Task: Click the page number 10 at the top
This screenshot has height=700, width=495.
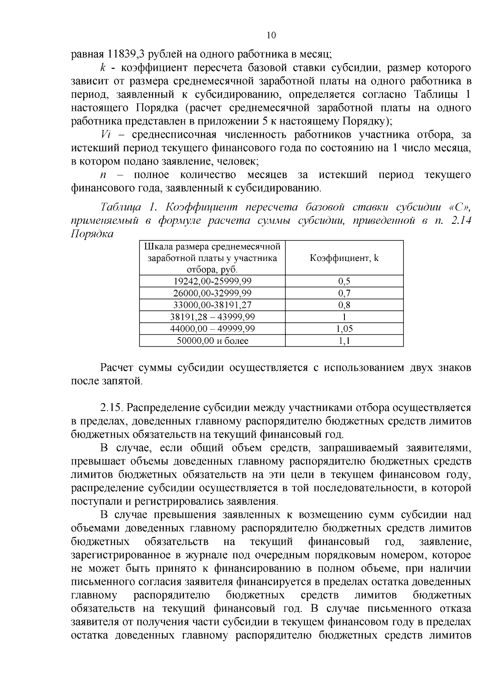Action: (271, 35)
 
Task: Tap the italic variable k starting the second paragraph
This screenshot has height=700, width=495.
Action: (102, 68)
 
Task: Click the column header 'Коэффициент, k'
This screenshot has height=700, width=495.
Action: (344, 258)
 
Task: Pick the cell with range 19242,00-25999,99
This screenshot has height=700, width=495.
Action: (212, 281)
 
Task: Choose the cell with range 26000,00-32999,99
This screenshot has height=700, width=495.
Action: (212, 293)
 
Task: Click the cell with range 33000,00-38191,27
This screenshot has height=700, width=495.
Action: (212, 305)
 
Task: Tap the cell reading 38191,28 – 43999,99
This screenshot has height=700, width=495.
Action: (212, 317)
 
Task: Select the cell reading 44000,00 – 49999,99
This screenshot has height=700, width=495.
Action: (212, 329)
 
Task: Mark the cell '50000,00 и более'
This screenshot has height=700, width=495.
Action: (212, 341)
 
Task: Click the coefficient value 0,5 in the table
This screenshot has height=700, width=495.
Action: (344, 281)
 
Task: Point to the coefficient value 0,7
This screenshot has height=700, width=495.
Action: (344, 293)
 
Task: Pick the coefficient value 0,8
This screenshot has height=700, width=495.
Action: (344, 305)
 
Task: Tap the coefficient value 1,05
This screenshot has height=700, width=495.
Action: (344, 329)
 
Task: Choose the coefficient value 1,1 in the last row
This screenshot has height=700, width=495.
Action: (344, 341)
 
